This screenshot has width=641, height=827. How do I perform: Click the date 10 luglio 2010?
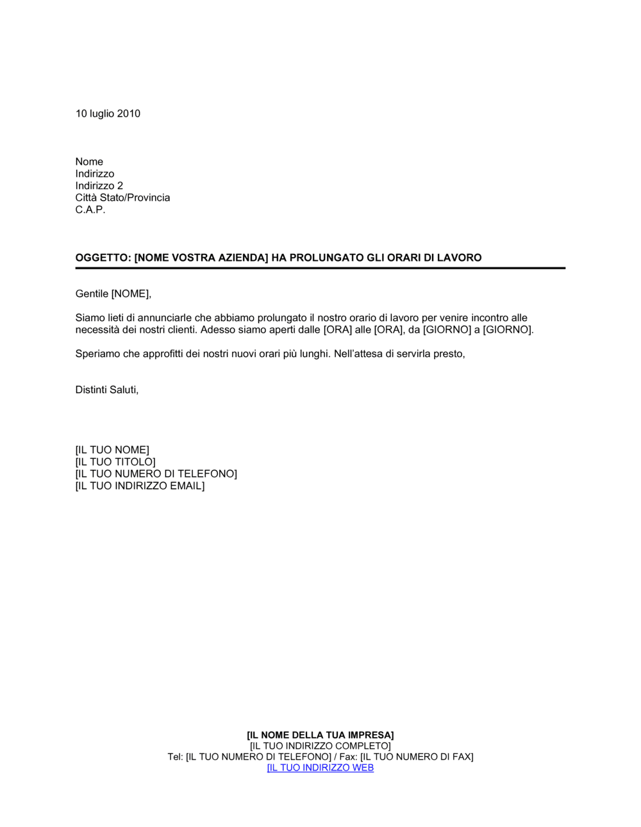click(108, 113)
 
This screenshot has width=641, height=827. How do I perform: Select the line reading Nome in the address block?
click(89, 162)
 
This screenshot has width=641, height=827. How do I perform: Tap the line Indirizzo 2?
click(99, 186)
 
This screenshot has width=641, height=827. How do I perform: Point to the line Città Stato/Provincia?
click(122, 197)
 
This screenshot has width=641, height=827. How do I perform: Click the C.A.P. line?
click(90, 210)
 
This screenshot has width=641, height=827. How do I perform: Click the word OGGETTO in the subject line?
click(103, 258)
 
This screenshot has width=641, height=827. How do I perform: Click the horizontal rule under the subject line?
click(320, 268)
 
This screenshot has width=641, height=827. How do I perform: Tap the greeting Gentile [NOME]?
click(113, 294)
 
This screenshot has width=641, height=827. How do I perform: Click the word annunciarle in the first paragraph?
click(166, 318)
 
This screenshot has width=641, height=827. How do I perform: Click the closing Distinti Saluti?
click(107, 390)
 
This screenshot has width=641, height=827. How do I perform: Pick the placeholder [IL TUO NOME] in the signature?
click(112, 450)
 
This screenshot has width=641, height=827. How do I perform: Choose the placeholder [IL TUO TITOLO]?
click(115, 462)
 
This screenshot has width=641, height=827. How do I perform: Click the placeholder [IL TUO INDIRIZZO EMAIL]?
click(140, 486)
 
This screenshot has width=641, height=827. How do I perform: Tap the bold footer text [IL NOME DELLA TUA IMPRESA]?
click(320, 735)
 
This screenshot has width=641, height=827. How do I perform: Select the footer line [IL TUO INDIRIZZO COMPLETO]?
click(320, 746)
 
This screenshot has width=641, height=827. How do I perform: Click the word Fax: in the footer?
click(348, 757)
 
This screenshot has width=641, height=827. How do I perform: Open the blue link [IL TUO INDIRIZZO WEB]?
click(320, 768)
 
